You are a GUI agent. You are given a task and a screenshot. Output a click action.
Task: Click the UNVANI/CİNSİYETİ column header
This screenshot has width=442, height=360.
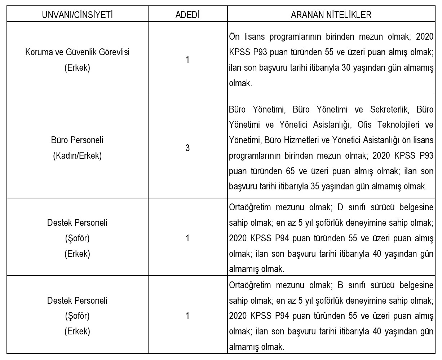[77, 15]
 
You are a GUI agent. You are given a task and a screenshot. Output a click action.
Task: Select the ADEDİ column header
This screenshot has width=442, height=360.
[187, 15]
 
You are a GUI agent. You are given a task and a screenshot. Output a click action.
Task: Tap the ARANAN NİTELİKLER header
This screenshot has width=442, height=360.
[331, 15]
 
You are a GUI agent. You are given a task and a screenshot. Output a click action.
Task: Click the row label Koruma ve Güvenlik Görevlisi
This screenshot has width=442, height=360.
[77, 52]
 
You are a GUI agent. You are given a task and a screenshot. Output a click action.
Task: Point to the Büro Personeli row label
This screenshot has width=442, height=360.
[77, 140]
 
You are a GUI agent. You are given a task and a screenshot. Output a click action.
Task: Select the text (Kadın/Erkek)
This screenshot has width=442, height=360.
[77, 156]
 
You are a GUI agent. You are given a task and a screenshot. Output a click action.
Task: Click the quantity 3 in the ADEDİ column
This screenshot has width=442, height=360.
[187, 148]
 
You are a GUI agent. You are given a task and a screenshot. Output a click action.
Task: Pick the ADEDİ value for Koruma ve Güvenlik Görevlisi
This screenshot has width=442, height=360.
[187, 60]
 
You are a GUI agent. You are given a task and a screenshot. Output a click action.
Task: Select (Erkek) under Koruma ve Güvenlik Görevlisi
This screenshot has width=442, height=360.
[77, 67]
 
